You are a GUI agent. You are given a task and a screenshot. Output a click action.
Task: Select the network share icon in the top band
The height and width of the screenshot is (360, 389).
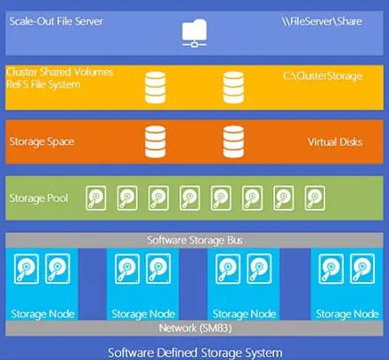click(194, 34)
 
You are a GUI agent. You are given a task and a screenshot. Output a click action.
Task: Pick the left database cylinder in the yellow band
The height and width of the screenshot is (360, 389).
click(155, 86)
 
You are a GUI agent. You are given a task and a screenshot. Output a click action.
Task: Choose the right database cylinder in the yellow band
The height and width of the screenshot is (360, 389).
click(233, 86)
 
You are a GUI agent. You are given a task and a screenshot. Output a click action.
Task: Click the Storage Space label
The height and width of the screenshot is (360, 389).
click(41, 141)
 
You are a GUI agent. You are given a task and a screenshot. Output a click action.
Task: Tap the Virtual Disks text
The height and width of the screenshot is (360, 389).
click(333, 141)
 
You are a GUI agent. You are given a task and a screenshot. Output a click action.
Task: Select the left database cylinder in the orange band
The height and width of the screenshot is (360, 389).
click(155, 140)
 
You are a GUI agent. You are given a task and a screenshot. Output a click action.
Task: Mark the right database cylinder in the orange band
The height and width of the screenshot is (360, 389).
click(233, 140)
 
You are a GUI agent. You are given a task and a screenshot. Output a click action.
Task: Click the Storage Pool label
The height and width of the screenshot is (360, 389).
click(36, 196)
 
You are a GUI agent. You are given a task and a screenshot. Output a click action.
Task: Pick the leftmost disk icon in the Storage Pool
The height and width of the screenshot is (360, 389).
click(96, 197)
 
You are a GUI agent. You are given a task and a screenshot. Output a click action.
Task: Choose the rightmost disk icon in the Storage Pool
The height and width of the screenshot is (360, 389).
click(315, 197)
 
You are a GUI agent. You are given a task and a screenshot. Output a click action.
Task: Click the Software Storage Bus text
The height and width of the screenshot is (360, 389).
click(194, 240)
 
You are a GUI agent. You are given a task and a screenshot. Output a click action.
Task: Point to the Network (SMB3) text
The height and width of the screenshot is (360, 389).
click(194, 328)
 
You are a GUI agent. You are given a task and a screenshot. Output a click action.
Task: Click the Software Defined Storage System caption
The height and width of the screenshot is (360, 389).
click(194, 352)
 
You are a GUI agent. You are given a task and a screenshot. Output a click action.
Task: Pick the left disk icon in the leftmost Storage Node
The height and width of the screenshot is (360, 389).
click(27, 266)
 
